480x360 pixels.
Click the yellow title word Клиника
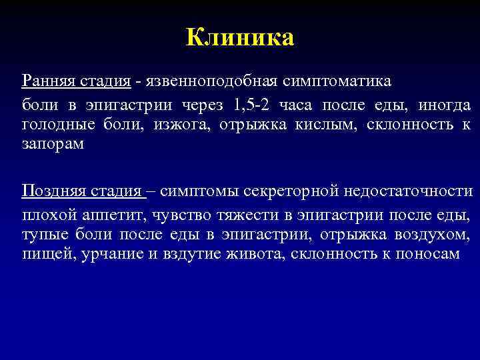click(240, 37)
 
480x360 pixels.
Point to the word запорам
click(53, 145)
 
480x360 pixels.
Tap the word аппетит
click(117, 215)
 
